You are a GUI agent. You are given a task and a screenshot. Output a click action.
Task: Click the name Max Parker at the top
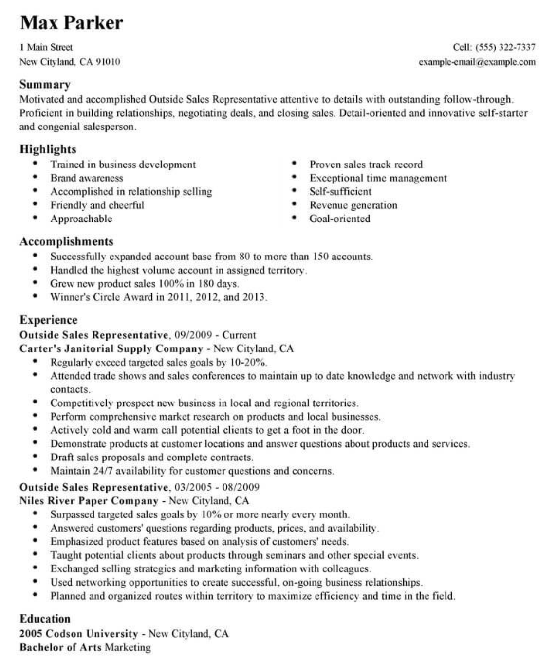pos(72,22)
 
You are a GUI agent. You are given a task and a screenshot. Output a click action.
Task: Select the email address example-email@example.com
pos(477,62)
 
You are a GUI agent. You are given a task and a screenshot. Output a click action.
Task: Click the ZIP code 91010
pos(108,62)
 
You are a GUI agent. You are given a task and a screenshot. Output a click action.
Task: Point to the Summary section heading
pos(45,84)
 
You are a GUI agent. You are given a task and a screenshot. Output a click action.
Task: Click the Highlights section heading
pos(48,149)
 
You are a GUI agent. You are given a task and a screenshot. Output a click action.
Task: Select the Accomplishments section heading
pos(66,241)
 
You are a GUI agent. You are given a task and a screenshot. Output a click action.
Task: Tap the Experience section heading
pos(48,320)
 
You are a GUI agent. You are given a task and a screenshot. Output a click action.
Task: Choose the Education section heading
pos(45,619)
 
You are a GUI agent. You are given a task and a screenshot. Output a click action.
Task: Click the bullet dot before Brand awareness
pos(35,178)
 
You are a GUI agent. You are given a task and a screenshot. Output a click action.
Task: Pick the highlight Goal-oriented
pos(339,219)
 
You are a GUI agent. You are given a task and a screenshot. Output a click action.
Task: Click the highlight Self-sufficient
pos(340,191)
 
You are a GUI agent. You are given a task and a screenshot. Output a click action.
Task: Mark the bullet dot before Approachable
pos(35,219)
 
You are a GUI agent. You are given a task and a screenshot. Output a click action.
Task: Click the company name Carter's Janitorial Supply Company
pos(111,348)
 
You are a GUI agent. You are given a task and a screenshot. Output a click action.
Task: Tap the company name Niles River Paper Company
pos(89,501)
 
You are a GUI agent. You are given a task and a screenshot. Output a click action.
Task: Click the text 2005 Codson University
pos(79,634)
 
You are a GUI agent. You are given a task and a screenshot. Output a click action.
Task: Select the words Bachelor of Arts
pos(61,647)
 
